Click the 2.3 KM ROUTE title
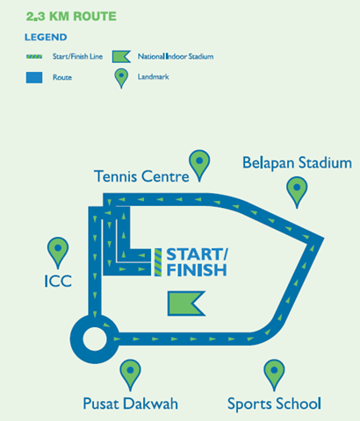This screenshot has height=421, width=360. (x=71, y=17)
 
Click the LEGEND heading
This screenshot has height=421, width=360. (x=46, y=37)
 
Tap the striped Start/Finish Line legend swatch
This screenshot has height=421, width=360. (x=34, y=56)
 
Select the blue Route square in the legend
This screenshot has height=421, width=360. (x=34, y=77)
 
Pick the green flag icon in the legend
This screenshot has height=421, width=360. (x=121, y=57)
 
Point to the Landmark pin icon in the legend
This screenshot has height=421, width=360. (x=121, y=78)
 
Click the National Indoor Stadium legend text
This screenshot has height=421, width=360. (x=176, y=56)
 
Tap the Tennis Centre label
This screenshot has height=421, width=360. (x=141, y=176)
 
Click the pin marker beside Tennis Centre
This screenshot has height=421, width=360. (x=199, y=165)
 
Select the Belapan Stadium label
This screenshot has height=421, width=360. (x=297, y=163)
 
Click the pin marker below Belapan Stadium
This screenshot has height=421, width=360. (x=297, y=192)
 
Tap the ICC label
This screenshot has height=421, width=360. (x=58, y=281)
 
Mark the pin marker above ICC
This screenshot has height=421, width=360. (x=58, y=253)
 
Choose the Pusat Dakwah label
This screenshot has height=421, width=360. (x=131, y=403)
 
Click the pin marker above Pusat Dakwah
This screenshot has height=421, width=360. (x=130, y=375)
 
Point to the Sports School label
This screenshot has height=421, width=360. (x=274, y=404)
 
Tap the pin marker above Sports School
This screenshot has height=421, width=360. (x=274, y=375)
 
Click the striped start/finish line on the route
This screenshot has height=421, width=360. (x=158, y=262)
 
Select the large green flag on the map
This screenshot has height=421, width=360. (x=186, y=303)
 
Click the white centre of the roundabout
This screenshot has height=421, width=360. (x=95, y=339)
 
